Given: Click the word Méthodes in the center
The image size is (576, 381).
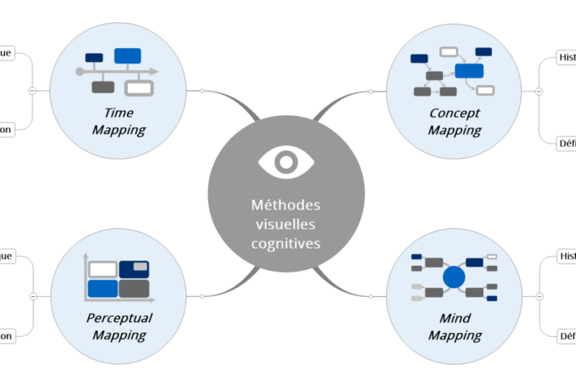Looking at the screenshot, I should pyautogui.click(x=286, y=205).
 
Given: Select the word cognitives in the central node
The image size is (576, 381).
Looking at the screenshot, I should pyautogui.click(x=286, y=242).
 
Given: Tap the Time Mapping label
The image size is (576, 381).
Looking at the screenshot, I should pyautogui.click(x=117, y=121).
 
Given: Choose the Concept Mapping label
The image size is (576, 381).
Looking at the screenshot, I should pyautogui.click(x=454, y=121).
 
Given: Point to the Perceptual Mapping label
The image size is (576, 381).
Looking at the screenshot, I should pyautogui.click(x=119, y=326).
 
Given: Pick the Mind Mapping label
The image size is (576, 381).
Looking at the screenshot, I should pyautogui.click(x=454, y=326).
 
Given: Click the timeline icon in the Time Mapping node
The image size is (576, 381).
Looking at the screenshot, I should pyautogui.click(x=118, y=71).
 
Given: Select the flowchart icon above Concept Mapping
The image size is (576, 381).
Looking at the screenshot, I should pyautogui.click(x=453, y=71).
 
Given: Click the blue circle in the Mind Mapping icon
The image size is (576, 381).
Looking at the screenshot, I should pyautogui.click(x=454, y=278).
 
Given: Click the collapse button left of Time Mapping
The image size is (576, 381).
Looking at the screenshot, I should pyautogui.click(x=32, y=91).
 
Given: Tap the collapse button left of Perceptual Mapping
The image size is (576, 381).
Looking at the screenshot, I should pyautogui.click(x=32, y=296).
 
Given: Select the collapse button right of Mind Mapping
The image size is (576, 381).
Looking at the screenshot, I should pyautogui.click(x=539, y=296).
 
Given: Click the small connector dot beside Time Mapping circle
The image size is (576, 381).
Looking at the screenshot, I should pyautogui.click(x=202, y=91).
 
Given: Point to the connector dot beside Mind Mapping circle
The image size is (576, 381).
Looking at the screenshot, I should pyautogui.click(x=371, y=296).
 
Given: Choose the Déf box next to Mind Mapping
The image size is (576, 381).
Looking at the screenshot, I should pyautogui.click(x=566, y=337).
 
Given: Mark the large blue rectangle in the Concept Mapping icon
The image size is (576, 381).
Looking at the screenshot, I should pyautogui.click(x=469, y=71).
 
